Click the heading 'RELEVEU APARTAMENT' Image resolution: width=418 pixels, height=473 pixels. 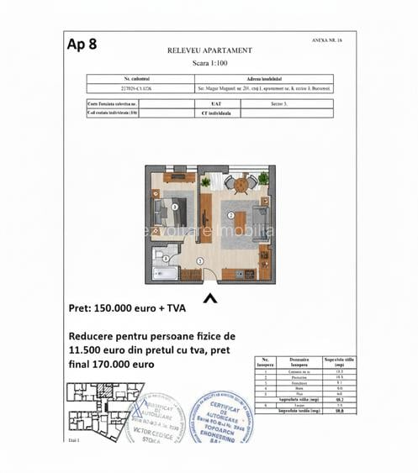tap(209, 50)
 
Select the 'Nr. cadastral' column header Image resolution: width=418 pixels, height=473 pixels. tap(141, 77)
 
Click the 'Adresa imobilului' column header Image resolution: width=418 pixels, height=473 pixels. tap(262, 77)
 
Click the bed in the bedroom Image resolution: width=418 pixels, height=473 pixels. tap(166, 206)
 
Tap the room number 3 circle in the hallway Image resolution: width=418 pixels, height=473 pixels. tap(199, 262)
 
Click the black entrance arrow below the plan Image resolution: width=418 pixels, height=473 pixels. tap(209, 297)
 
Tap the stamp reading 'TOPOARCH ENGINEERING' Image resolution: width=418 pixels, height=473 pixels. tap(220, 418)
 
